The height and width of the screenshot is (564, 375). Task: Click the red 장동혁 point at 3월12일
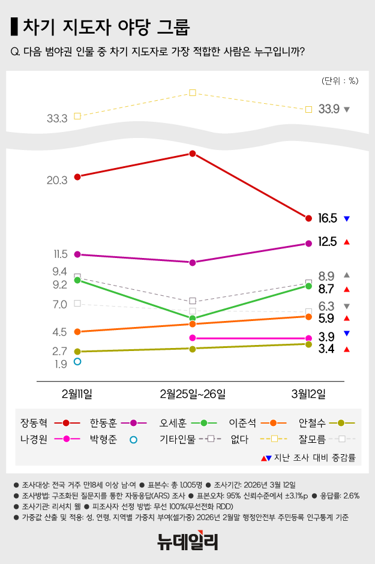308,218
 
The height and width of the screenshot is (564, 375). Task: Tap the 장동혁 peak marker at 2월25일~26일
193,154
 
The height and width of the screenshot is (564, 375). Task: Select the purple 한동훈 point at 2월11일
77,254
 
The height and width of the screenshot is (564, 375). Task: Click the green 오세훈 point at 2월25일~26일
193,318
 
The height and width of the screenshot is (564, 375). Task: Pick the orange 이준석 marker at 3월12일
308,316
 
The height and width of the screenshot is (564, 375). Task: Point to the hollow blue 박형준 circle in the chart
77,361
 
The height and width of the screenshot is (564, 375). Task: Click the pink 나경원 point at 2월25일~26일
193,338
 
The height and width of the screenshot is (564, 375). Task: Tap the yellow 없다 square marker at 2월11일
77,116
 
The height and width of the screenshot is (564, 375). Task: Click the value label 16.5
328,218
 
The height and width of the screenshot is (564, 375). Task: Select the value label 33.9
329,109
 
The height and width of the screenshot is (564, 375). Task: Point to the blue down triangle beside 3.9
347,334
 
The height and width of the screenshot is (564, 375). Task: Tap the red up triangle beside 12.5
347,242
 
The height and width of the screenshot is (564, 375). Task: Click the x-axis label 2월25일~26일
193,394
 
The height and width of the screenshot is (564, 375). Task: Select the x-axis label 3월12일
308,394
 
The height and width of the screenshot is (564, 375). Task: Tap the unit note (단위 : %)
340,81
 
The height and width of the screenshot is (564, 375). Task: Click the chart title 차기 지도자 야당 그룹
106,27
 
